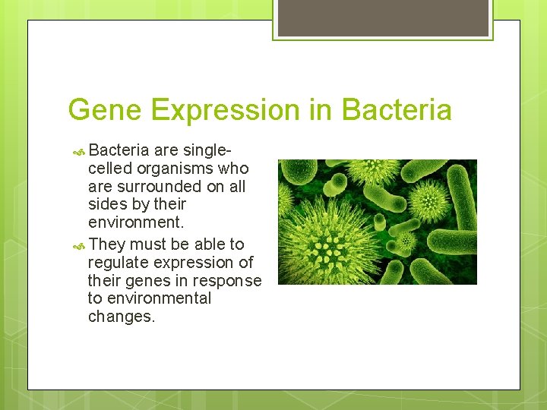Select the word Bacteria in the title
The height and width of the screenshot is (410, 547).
pyautogui.click(x=397, y=110)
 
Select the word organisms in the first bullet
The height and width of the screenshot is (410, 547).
pyautogui.click(x=177, y=168)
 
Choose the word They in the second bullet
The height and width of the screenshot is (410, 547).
pyautogui.click(x=106, y=244)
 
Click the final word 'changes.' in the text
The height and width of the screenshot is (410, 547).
pyautogui.click(x=122, y=317)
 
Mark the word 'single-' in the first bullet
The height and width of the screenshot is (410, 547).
pyautogui.click(x=207, y=150)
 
